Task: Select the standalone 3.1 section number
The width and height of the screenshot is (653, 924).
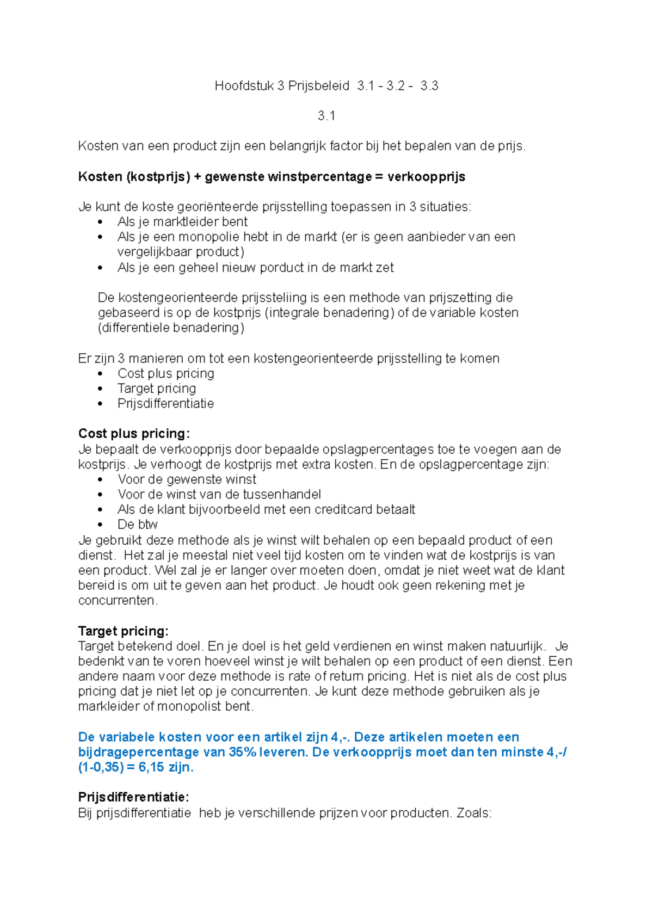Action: coord(326,115)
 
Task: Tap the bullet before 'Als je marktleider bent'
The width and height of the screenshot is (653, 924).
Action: coord(100,222)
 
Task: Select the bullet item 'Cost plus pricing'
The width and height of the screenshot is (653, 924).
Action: coord(165,373)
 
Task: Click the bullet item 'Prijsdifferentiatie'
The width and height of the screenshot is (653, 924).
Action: coord(165,403)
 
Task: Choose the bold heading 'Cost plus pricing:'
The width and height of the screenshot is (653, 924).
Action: coord(134,434)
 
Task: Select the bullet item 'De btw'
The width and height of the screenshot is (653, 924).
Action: coord(137,525)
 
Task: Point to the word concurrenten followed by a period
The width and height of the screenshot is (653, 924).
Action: coord(118,601)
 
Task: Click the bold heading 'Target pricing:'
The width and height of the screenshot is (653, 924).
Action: coord(123,631)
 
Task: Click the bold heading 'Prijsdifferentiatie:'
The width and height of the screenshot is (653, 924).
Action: coord(133,797)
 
